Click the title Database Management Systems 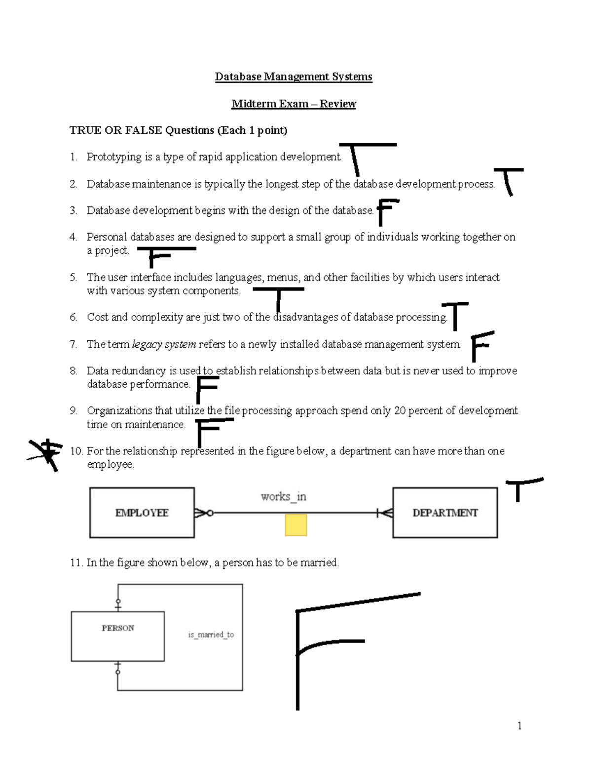coord(294,77)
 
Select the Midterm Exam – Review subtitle coord(294,104)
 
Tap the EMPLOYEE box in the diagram coord(142,513)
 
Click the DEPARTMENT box coord(445,513)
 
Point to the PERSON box coord(118,636)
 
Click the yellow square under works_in coord(296,525)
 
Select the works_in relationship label coord(284,497)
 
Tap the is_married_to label coord(211,635)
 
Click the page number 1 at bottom coord(519,726)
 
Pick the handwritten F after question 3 coord(386,211)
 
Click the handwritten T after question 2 coord(508,181)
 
